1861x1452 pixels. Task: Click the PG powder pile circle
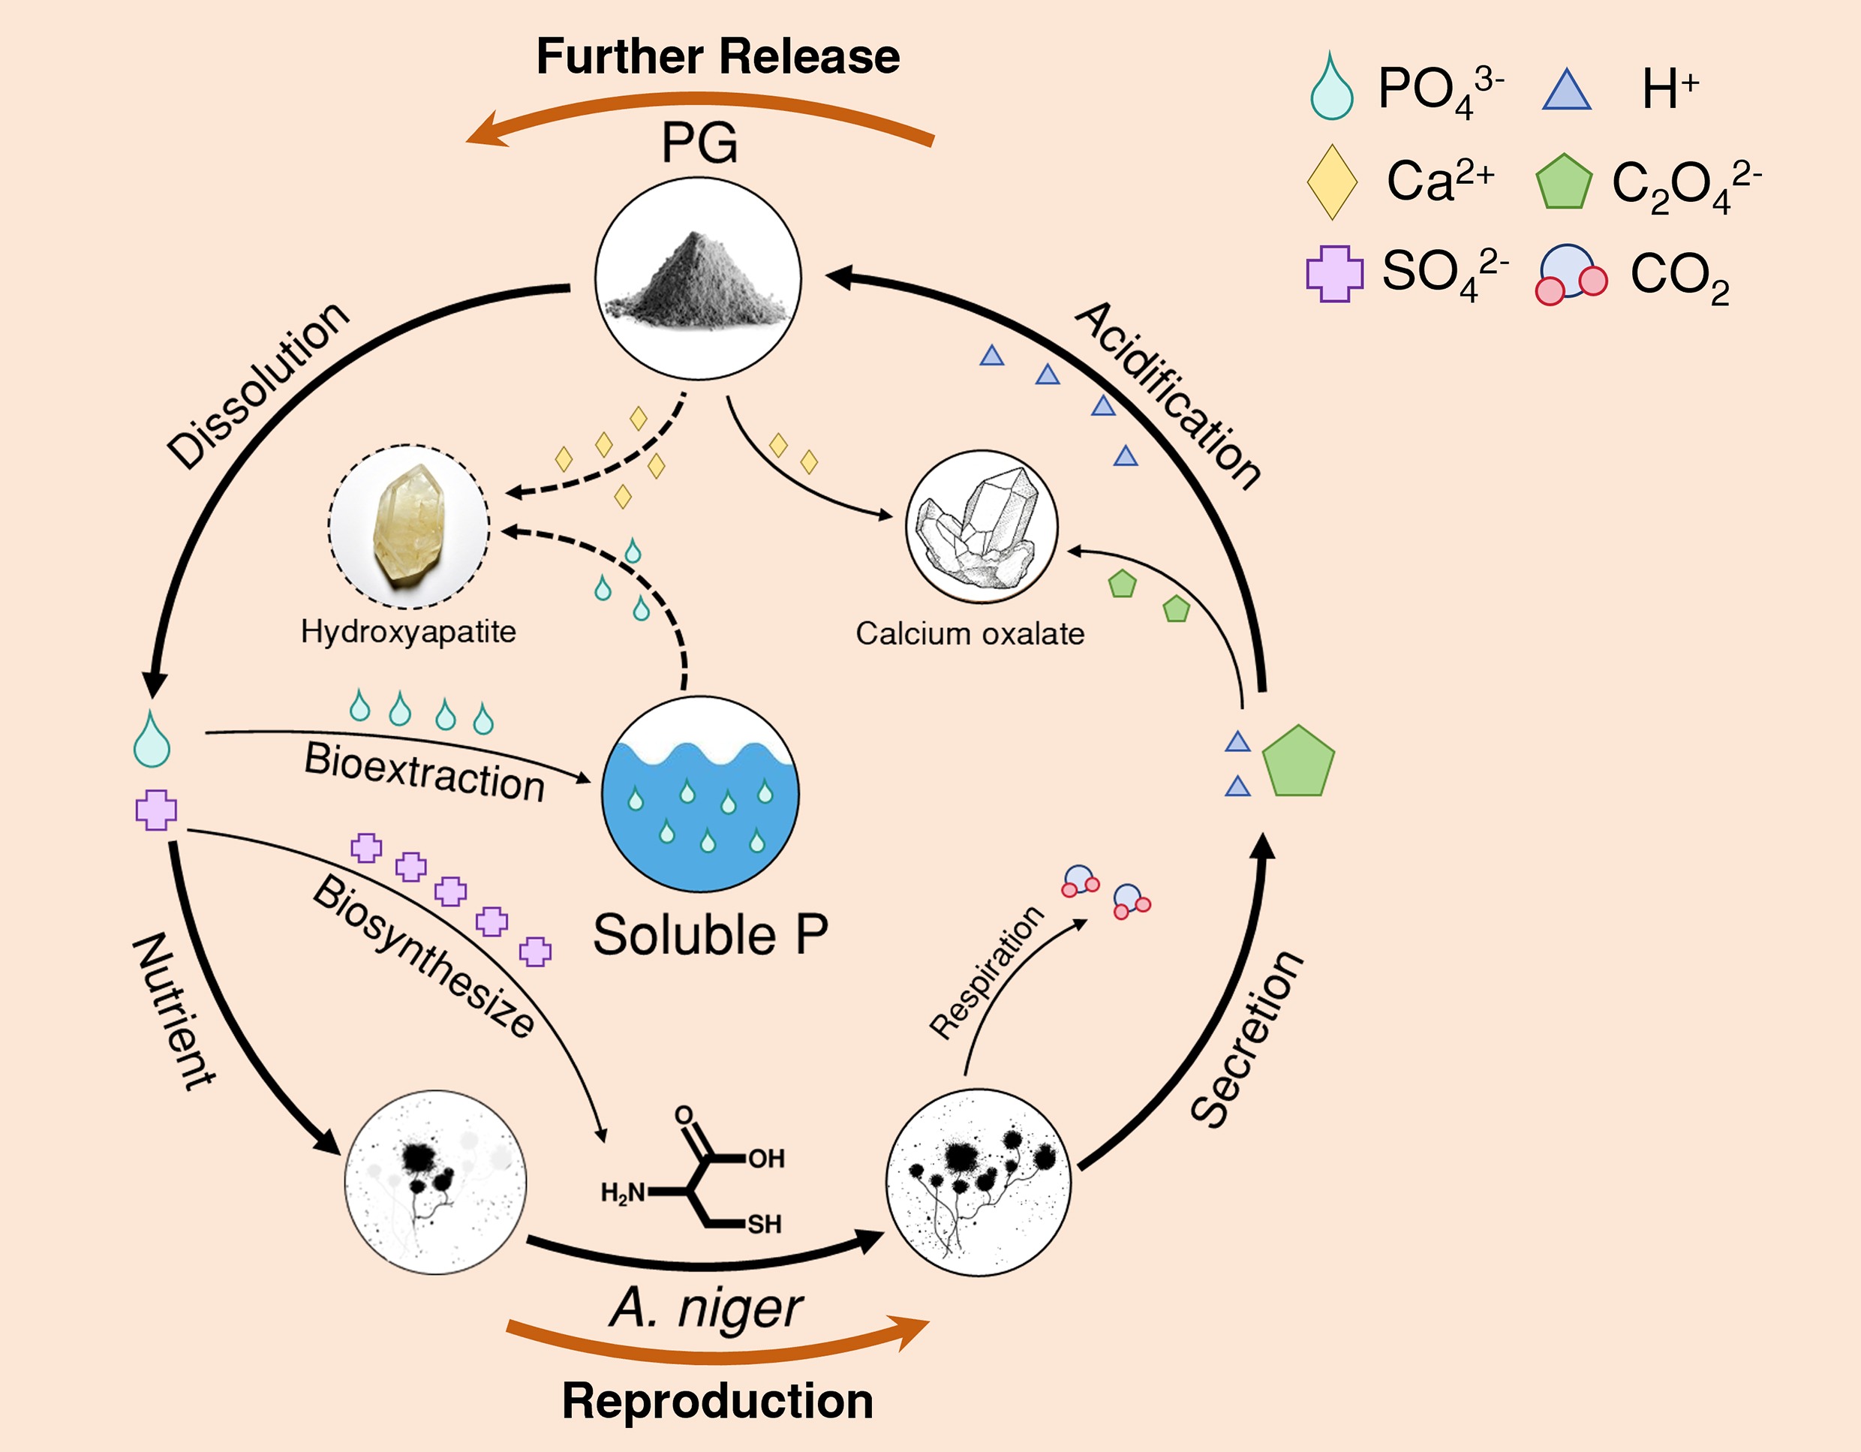698,278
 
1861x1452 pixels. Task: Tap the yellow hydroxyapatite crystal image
409,527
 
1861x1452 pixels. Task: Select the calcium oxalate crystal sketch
981,528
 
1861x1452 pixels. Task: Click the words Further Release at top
717,57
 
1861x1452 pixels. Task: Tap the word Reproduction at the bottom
717,1401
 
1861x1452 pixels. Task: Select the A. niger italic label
705,1308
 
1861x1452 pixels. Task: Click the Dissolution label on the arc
258,385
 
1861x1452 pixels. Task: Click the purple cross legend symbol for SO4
1334,274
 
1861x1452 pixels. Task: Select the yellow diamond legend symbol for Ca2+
1332,182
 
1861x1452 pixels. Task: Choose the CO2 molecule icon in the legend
1571,275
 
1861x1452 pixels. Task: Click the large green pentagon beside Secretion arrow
1297,762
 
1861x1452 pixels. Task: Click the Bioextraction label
423,772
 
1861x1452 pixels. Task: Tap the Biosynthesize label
423,956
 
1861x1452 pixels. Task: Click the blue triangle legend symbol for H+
1566,90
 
